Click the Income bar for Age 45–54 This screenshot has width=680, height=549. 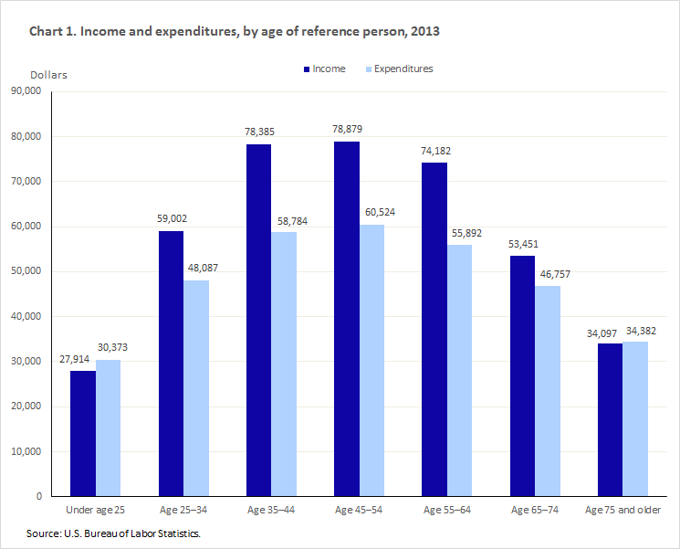point(346,319)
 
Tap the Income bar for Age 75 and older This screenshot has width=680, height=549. point(609,419)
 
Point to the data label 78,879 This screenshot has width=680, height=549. point(347,129)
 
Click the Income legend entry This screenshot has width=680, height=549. point(323,69)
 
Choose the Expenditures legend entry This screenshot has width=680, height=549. point(398,69)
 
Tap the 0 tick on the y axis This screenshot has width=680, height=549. point(39,496)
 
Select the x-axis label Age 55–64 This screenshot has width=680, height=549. point(446,509)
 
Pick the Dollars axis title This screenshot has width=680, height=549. point(48,74)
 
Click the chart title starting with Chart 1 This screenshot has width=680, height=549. point(235,32)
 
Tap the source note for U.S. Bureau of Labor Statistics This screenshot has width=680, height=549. point(114,533)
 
